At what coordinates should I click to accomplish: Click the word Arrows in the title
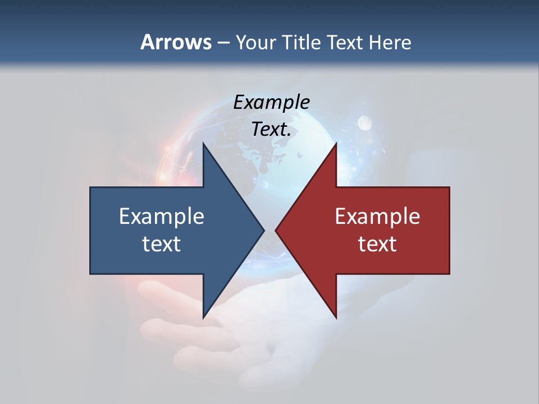tap(176, 42)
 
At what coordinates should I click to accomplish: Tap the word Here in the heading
tap(389, 42)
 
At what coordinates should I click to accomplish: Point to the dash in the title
tap(223, 43)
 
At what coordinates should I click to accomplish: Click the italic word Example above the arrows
tap(271, 102)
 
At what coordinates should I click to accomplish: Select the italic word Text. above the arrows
tap(271, 129)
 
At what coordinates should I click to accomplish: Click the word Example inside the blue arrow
tap(161, 217)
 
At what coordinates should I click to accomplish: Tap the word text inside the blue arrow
tap(161, 244)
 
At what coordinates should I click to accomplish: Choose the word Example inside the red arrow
tap(377, 217)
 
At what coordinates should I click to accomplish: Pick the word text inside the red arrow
tap(377, 244)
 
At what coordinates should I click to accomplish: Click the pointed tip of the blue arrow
tap(263, 230)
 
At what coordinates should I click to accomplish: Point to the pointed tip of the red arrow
tap(276, 230)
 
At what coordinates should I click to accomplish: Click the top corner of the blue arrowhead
tap(203, 144)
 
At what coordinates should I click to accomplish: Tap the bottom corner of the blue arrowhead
tap(203, 317)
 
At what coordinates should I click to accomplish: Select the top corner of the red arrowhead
tap(336, 144)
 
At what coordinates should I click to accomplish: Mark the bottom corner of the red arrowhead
tap(336, 317)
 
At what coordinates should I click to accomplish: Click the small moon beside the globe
tap(364, 122)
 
